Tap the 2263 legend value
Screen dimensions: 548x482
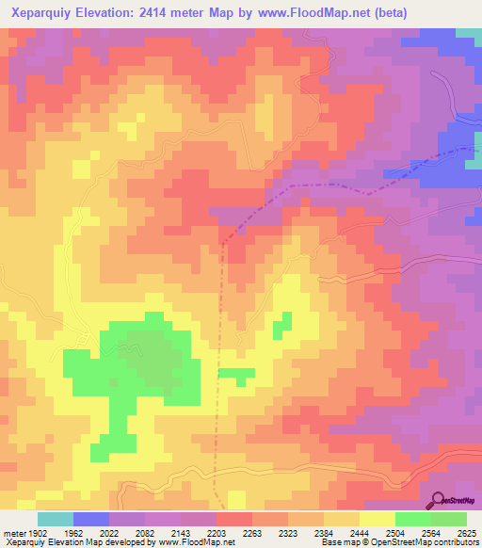click(x=250, y=533)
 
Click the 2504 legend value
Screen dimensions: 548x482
click(x=411, y=533)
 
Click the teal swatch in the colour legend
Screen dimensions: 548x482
click(x=56, y=519)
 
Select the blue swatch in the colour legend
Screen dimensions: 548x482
click(x=91, y=519)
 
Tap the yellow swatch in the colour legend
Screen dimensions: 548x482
click(x=378, y=519)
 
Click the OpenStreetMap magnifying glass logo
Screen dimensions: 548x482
click(x=438, y=499)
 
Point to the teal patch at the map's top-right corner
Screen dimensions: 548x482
click(x=468, y=34)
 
